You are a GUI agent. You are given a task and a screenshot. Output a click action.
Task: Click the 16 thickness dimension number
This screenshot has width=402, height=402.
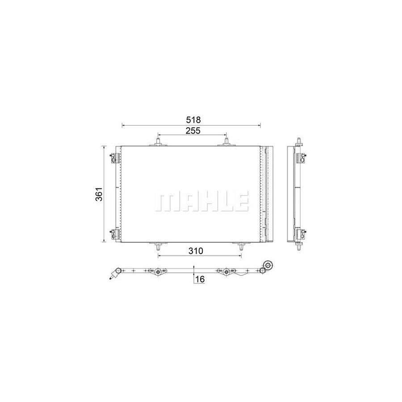tap(200, 279)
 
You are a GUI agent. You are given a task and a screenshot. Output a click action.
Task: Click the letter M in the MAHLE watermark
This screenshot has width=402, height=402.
tap(166, 202)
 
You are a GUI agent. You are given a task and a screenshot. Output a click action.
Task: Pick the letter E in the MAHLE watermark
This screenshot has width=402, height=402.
tap(241, 202)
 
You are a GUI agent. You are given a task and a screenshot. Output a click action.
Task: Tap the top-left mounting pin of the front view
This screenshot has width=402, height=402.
tap(158, 142)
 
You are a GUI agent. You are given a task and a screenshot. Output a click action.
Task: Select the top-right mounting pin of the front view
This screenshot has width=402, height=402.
tap(226, 142)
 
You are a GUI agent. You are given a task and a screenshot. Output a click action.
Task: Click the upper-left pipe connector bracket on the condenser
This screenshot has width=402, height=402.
tap(114, 157)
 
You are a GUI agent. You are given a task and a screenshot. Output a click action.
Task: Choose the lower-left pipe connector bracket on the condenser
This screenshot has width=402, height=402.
tap(114, 233)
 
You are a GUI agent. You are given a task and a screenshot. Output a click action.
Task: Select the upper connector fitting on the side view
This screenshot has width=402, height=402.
tap(303, 157)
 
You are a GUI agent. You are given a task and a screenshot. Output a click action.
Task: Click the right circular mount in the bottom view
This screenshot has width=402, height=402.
tap(226, 272)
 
